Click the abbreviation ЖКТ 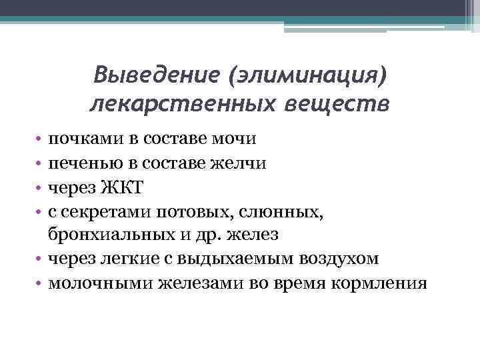(123, 187)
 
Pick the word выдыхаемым (237, 259)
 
